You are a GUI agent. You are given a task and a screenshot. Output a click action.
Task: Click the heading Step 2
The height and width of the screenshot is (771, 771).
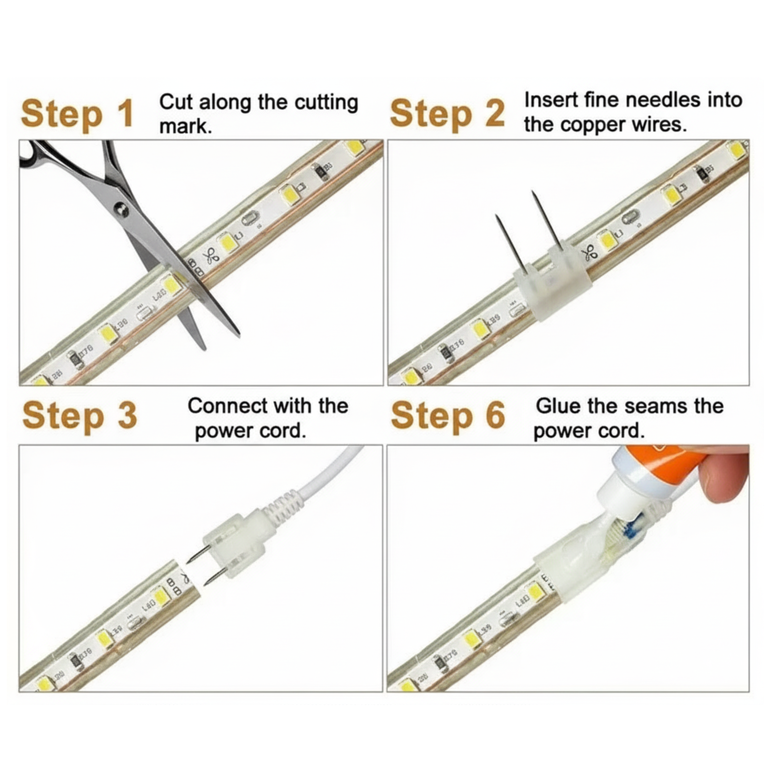(x=447, y=114)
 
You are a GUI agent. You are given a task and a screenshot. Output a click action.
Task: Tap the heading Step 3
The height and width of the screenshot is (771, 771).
(x=80, y=416)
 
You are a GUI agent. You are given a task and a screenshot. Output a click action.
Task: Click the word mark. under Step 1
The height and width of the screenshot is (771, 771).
(x=185, y=127)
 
